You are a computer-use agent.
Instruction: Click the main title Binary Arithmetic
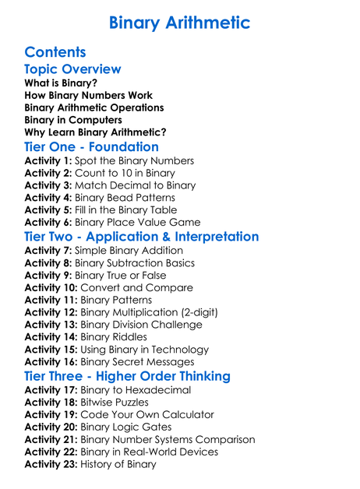[180, 23]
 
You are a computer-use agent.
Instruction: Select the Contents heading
[55, 53]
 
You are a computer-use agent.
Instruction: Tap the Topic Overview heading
[72, 70]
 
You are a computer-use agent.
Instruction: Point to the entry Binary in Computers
[73, 120]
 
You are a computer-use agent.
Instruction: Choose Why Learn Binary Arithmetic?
[95, 132]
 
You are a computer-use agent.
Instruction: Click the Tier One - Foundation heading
[91, 147]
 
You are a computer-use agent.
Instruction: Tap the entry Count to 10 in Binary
[125, 174]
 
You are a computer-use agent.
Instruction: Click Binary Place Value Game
[137, 223]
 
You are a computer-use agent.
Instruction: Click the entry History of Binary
[118, 465]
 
